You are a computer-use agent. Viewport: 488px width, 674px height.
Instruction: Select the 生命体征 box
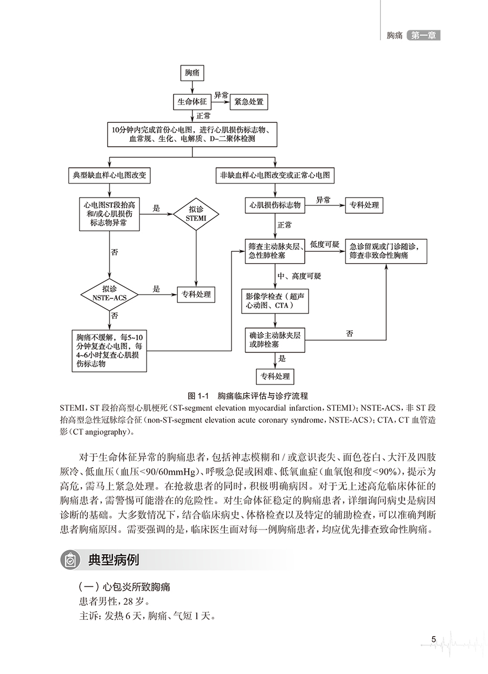pyautogui.click(x=191, y=101)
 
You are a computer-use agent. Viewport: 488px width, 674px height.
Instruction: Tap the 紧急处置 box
pyautogui.click(x=248, y=101)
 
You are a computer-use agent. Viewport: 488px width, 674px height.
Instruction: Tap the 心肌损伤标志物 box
pyautogui.click(x=275, y=205)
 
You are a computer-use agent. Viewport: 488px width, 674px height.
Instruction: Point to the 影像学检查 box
pyautogui.click(x=275, y=301)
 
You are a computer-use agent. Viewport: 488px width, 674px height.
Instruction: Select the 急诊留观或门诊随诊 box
pyautogui.click(x=387, y=250)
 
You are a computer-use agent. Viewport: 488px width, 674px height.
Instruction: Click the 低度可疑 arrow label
pyautogui.click(x=325, y=244)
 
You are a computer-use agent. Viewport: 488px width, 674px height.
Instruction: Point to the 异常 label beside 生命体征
pyautogui.click(x=221, y=95)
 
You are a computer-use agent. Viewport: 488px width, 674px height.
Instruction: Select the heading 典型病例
pyautogui.click(x=113, y=560)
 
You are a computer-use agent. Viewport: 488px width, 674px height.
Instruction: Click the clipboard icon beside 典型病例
pyautogui.click(x=70, y=560)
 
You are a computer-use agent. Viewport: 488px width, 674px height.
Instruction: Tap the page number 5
pyautogui.click(x=434, y=639)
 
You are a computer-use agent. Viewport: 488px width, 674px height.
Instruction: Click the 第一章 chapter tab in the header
pyautogui.click(x=423, y=36)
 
